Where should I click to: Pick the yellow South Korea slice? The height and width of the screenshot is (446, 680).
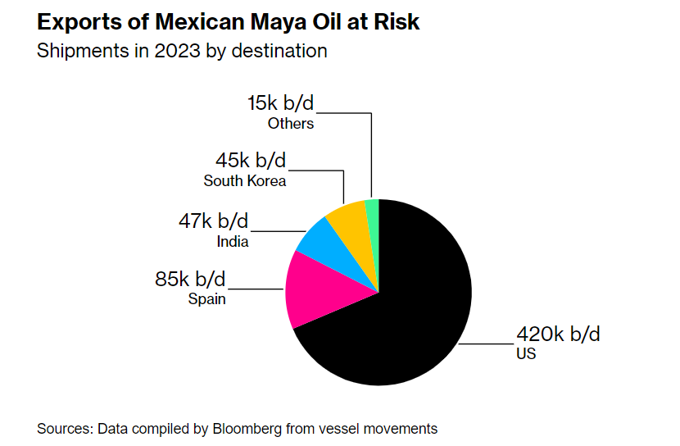[x=347, y=216]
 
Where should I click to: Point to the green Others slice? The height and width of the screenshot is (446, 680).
[x=372, y=210]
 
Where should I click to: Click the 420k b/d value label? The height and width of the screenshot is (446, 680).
[x=558, y=334]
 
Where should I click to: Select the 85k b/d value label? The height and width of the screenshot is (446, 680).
[x=191, y=280]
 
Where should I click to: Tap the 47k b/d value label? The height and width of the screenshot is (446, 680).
[x=214, y=221]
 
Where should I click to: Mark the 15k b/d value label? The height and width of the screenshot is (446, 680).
[x=280, y=104]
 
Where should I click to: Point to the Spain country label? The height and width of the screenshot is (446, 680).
[x=206, y=299]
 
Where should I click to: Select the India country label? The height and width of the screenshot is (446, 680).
[x=233, y=242]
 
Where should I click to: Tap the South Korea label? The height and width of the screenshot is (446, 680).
[x=245, y=180]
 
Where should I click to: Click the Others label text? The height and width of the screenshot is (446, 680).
[x=291, y=124]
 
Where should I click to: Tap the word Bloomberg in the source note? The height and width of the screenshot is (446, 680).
[x=254, y=428]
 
